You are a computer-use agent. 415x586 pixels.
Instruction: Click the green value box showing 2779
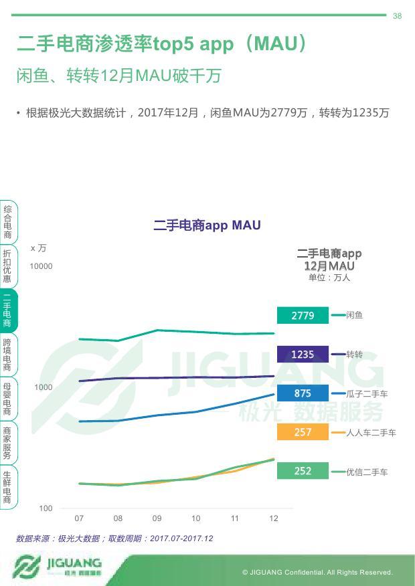point(303,315)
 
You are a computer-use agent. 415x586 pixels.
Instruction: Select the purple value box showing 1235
point(303,354)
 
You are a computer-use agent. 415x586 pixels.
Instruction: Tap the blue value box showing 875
point(303,393)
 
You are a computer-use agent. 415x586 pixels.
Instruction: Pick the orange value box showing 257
point(303,432)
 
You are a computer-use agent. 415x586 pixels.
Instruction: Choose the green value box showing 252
point(303,471)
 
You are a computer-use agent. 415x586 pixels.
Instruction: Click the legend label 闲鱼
point(355,315)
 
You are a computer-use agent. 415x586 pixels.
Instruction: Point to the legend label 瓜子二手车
point(367,394)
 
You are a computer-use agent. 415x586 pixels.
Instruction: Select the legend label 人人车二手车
point(371,433)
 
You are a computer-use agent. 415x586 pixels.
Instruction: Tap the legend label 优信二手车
point(367,472)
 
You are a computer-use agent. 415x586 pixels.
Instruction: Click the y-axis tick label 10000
point(41,266)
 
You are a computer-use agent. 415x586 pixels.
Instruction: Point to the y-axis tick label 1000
point(44,387)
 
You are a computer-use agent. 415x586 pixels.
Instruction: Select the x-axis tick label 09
point(157,518)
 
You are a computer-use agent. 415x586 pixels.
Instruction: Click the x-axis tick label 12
point(274,518)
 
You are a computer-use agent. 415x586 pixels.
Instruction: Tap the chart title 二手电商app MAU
point(207,225)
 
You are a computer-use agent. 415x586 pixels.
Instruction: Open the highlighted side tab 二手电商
point(7,310)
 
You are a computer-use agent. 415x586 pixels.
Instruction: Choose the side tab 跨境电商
point(7,355)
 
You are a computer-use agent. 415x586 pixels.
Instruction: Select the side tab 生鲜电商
point(7,487)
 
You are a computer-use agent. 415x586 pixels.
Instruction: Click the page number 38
point(397,16)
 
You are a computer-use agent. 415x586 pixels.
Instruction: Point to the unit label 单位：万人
point(329,278)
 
